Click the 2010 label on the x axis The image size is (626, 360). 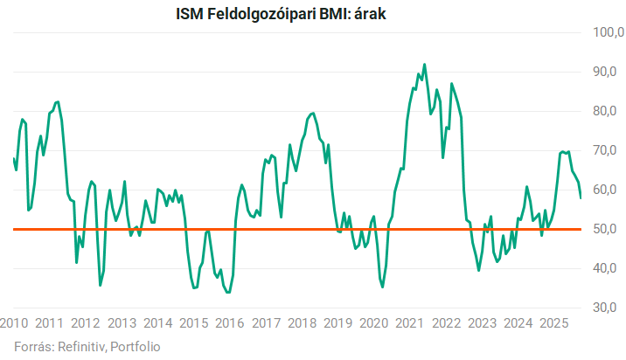click(13, 322)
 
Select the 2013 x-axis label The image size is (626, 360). click(122, 322)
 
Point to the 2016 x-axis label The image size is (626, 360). click(229, 322)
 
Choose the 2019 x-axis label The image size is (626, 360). click(337, 322)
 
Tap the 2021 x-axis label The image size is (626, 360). click(409, 322)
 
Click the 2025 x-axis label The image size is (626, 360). click(553, 322)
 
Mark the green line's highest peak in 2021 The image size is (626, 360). click(425, 64)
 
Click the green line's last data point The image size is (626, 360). click(581, 197)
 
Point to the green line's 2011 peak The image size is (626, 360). click(58, 101)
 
